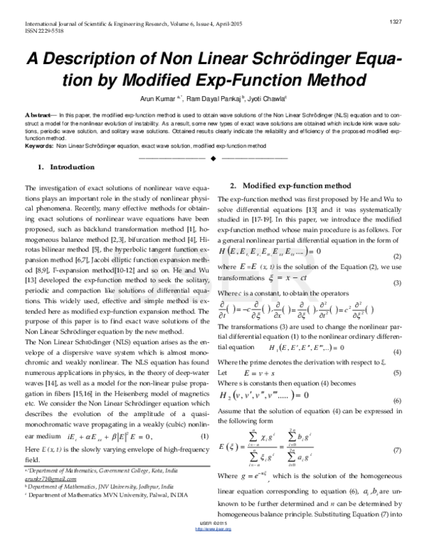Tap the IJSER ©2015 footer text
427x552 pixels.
(x=213, y=543)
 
